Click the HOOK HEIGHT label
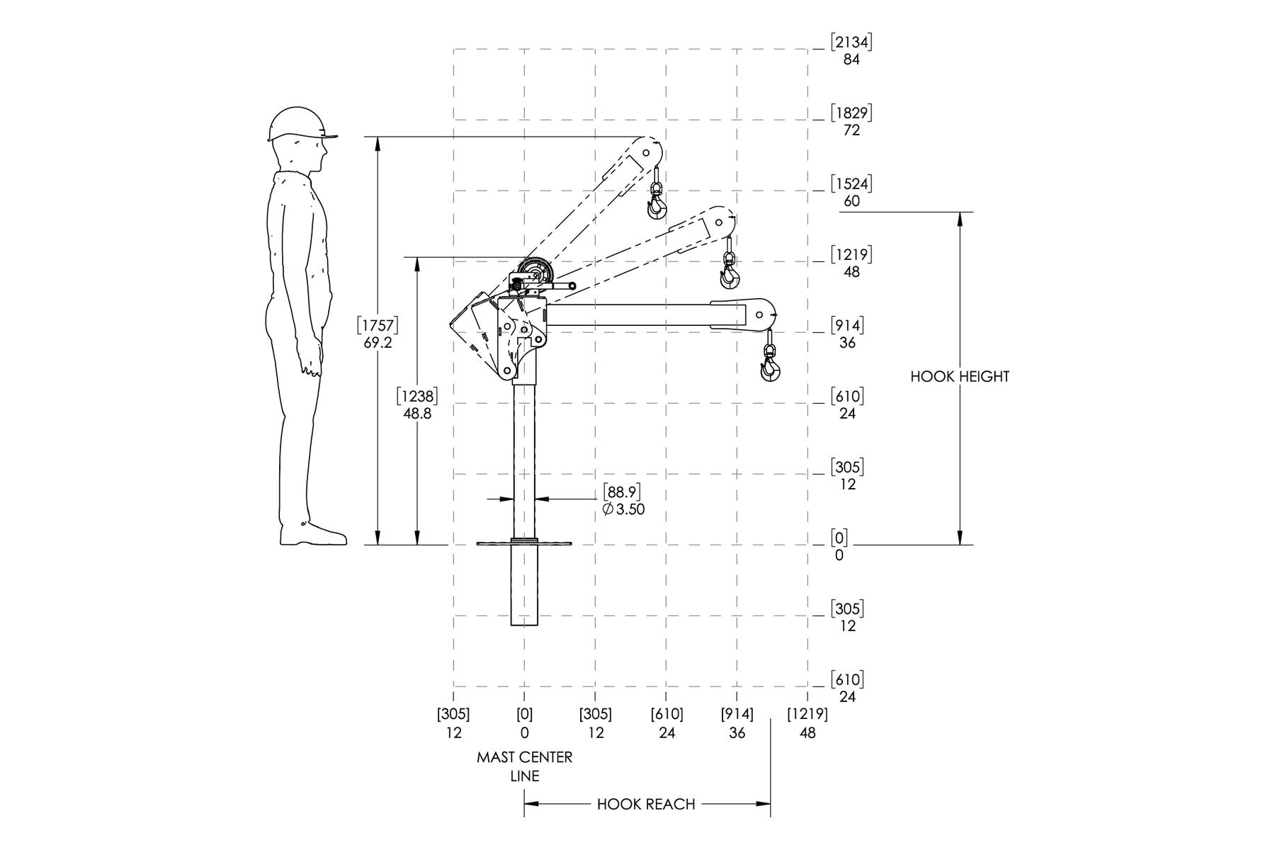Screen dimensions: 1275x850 click(x=960, y=377)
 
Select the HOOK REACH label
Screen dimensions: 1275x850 click(x=646, y=804)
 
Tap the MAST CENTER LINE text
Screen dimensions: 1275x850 click(x=525, y=766)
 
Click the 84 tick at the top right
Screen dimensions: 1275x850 click(x=851, y=59)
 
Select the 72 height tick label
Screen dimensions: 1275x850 click(x=851, y=130)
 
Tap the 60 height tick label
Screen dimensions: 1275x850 click(x=851, y=201)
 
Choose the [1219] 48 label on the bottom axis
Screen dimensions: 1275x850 click(x=807, y=723)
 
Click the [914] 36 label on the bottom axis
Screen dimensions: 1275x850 click(x=737, y=723)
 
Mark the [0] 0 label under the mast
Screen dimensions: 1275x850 click(x=525, y=723)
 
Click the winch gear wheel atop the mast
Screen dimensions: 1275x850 click(x=535, y=275)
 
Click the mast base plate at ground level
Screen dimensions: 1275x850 click(x=524, y=544)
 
